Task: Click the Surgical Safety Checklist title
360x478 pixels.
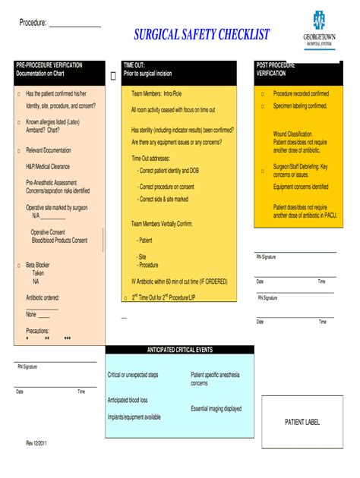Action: click(201, 35)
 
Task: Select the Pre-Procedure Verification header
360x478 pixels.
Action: click(49, 69)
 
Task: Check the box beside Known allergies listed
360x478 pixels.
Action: click(18, 121)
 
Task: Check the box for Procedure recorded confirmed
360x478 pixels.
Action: click(263, 94)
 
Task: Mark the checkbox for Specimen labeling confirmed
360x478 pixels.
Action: click(263, 106)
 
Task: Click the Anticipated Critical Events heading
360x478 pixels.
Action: click(180, 350)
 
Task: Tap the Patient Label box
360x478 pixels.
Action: click(302, 422)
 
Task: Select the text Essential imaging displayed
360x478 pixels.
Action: click(216, 408)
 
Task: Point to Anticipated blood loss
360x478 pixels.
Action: click(128, 400)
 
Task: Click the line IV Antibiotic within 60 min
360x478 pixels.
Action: click(179, 281)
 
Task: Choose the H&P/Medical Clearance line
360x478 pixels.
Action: click(48, 166)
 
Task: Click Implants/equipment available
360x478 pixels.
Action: click(134, 417)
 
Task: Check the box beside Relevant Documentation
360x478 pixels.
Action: click(18, 150)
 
